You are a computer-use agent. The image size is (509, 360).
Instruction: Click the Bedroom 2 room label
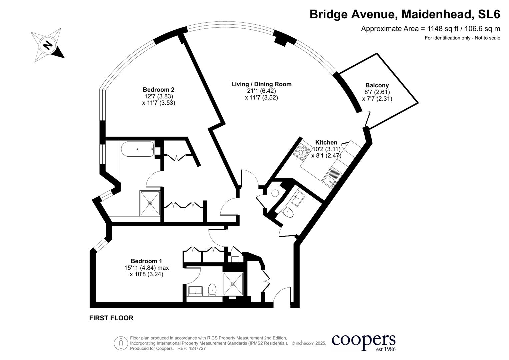(158, 90)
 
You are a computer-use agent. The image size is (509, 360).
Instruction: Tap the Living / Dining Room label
(261, 84)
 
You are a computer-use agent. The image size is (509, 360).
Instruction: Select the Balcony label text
(377, 85)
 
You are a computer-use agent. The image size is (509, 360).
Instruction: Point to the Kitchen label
(326, 142)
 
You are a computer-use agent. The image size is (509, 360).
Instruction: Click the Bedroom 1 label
(146, 261)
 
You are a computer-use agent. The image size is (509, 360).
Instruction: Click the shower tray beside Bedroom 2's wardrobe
(150, 203)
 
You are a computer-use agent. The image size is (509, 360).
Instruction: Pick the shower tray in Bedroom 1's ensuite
(233, 284)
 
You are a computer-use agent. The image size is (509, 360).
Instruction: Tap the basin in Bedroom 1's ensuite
(195, 291)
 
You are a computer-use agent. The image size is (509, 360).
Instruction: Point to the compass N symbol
(48, 45)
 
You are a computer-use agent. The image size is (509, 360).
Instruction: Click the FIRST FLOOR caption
(111, 318)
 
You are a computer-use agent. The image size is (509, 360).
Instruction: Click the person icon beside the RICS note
(121, 343)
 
